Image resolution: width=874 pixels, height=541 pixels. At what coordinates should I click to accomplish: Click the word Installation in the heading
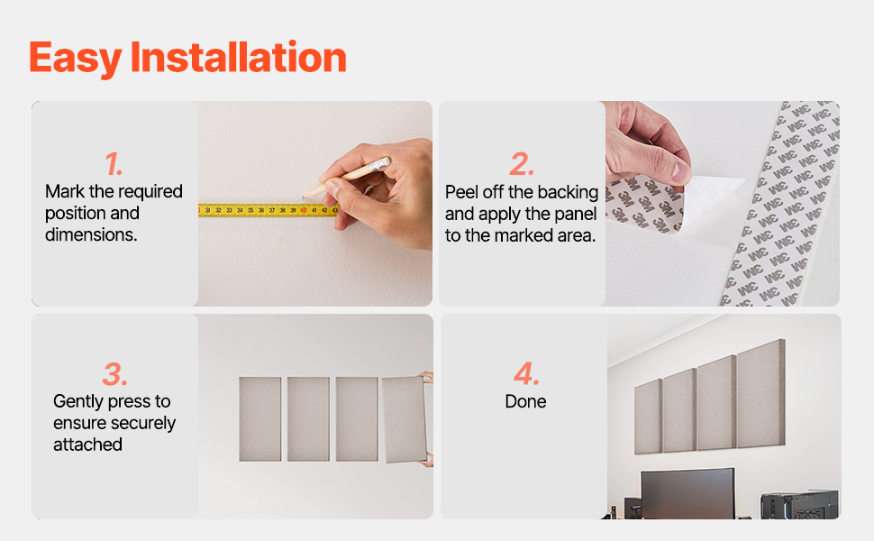tap(238, 57)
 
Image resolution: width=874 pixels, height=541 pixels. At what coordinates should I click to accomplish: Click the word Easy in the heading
tap(76, 60)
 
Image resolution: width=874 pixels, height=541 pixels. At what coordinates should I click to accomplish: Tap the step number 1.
tap(114, 164)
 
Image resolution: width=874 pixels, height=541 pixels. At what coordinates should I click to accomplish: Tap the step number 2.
tap(522, 164)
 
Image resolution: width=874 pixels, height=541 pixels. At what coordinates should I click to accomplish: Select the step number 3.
tap(114, 373)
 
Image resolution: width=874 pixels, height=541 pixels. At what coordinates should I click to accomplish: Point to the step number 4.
tap(526, 373)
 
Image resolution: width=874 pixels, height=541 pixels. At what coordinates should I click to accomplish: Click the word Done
tap(525, 401)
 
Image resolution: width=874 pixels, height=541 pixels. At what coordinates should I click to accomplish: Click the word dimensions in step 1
tap(91, 234)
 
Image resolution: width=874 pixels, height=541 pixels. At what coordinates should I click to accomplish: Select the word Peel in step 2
tap(461, 192)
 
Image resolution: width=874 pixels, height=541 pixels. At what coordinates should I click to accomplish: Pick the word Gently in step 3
tap(79, 402)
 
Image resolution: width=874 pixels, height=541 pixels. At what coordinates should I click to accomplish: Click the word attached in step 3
tap(87, 445)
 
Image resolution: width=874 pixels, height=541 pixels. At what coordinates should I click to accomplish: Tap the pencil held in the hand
tap(346, 178)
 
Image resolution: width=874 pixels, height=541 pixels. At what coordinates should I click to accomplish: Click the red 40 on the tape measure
tap(304, 210)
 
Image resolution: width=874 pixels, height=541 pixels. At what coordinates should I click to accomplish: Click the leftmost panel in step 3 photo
tap(260, 419)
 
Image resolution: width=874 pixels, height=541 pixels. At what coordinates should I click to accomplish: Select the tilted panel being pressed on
tap(405, 419)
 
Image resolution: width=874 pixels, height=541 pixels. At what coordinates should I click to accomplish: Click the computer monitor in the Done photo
tap(687, 493)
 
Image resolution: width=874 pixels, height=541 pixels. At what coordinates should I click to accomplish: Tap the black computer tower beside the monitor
tap(800, 505)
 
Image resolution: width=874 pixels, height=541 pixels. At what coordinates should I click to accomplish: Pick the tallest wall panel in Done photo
tap(760, 394)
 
